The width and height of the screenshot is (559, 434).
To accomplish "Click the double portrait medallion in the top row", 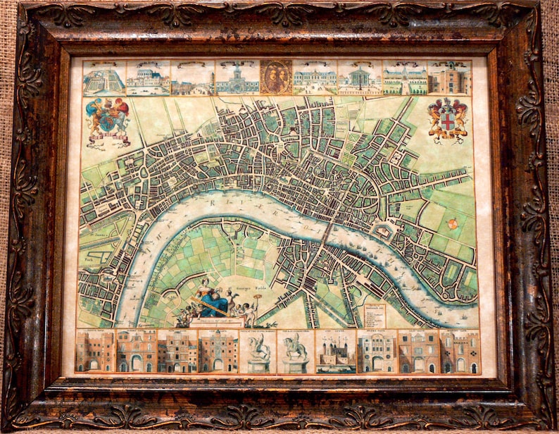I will click(277, 77).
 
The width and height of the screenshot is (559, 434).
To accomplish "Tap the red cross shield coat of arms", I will click(447, 118).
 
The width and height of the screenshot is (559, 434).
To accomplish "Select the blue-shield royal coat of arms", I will click(108, 119).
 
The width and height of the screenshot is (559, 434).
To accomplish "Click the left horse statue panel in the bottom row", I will click(257, 352).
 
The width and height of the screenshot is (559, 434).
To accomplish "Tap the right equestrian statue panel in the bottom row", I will click(296, 352).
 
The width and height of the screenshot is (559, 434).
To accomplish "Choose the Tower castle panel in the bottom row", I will click(335, 352).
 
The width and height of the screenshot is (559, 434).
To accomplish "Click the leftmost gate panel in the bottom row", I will click(94, 351).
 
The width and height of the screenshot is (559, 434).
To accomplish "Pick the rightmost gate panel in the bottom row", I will click(460, 352).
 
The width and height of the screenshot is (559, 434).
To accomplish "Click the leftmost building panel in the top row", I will click(104, 77).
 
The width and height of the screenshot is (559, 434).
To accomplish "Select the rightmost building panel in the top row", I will click(449, 77).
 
